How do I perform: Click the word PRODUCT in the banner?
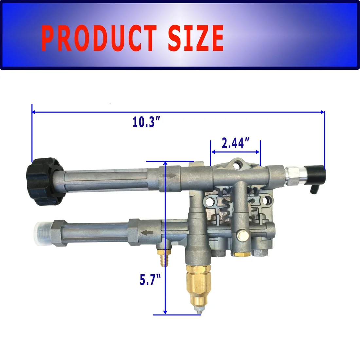[x=99, y=38]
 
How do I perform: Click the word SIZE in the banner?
[x=196, y=38]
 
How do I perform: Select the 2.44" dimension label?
[x=235, y=143]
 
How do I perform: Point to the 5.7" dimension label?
[x=150, y=279]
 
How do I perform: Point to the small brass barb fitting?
[x=161, y=257]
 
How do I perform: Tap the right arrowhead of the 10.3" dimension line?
[x=322, y=112]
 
